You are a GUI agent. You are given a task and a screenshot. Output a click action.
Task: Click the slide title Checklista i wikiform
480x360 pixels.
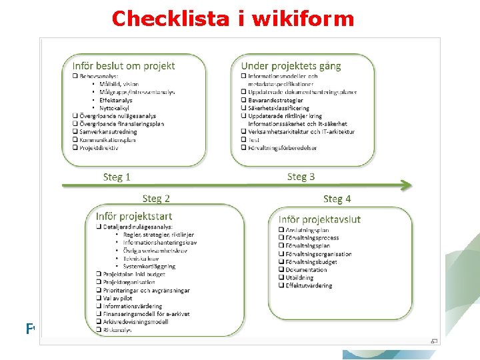pyautogui.click(x=233, y=18)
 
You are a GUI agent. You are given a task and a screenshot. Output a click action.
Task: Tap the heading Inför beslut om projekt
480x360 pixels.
pyautogui.click(x=123, y=65)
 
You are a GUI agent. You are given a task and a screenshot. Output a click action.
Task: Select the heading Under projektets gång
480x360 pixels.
pyautogui.click(x=291, y=65)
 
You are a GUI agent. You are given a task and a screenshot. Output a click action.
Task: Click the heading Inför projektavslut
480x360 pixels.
pyautogui.click(x=319, y=219)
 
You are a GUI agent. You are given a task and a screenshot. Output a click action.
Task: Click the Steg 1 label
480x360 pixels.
pyautogui.click(x=117, y=177)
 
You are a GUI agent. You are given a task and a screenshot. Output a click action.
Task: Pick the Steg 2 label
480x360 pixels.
pyautogui.click(x=156, y=198)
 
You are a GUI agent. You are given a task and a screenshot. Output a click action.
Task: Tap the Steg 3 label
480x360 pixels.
pyautogui.click(x=301, y=177)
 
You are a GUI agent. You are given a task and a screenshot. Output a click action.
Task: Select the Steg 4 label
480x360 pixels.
pyautogui.click(x=337, y=199)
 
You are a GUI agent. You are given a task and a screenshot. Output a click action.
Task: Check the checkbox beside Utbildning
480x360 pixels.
pyautogui.click(x=280, y=278)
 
